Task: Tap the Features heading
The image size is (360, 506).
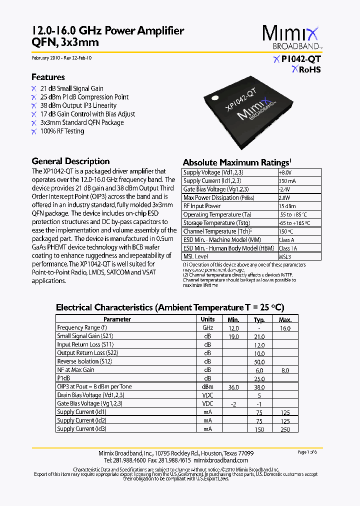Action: [x=48, y=77]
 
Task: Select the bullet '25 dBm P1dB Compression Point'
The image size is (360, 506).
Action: [x=84, y=97]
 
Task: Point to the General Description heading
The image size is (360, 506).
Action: [x=70, y=161]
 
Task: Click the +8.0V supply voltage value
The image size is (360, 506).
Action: [x=285, y=172]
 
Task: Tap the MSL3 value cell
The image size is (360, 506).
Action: [x=285, y=256]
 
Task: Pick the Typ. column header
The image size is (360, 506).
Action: [x=259, y=319]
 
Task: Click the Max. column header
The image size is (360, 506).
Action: [x=285, y=319]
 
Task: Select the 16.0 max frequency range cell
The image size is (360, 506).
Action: [x=285, y=328]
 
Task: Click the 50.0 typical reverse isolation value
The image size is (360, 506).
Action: [x=259, y=361]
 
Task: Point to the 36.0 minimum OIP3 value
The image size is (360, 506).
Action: [x=233, y=387]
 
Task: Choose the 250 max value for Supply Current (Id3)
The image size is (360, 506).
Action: [x=285, y=429]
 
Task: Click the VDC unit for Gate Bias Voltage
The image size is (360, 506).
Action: [x=207, y=403]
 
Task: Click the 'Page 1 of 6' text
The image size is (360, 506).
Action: [x=307, y=452]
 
